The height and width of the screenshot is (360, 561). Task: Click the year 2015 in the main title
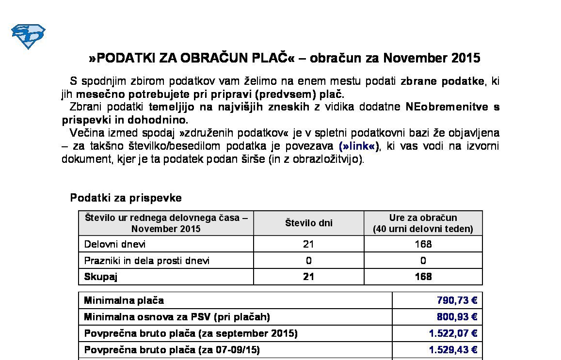pyautogui.click(x=465, y=58)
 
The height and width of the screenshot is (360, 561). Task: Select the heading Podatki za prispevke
pyautogui.click(x=126, y=198)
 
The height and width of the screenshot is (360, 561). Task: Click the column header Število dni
pyautogui.click(x=308, y=223)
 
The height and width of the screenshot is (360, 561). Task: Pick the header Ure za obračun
pyautogui.click(x=423, y=218)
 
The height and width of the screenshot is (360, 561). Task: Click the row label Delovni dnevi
pyautogui.click(x=115, y=244)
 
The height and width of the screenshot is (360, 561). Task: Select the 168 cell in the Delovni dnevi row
pyautogui.click(x=423, y=244)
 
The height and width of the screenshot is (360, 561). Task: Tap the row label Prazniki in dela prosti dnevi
pyautogui.click(x=147, y=261)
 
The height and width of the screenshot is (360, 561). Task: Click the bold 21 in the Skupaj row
pyautogui.click(x=308, y=277)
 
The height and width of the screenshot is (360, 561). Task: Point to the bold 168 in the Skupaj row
pyautogui.click(x=423, y=277)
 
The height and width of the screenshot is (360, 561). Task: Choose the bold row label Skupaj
pyautogui.click(x=101, y=277)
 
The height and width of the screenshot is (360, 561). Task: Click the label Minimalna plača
pyautogui.click(x=124, y=300)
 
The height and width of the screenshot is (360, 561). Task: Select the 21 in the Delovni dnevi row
pyautogui.click(x=308, y=244)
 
